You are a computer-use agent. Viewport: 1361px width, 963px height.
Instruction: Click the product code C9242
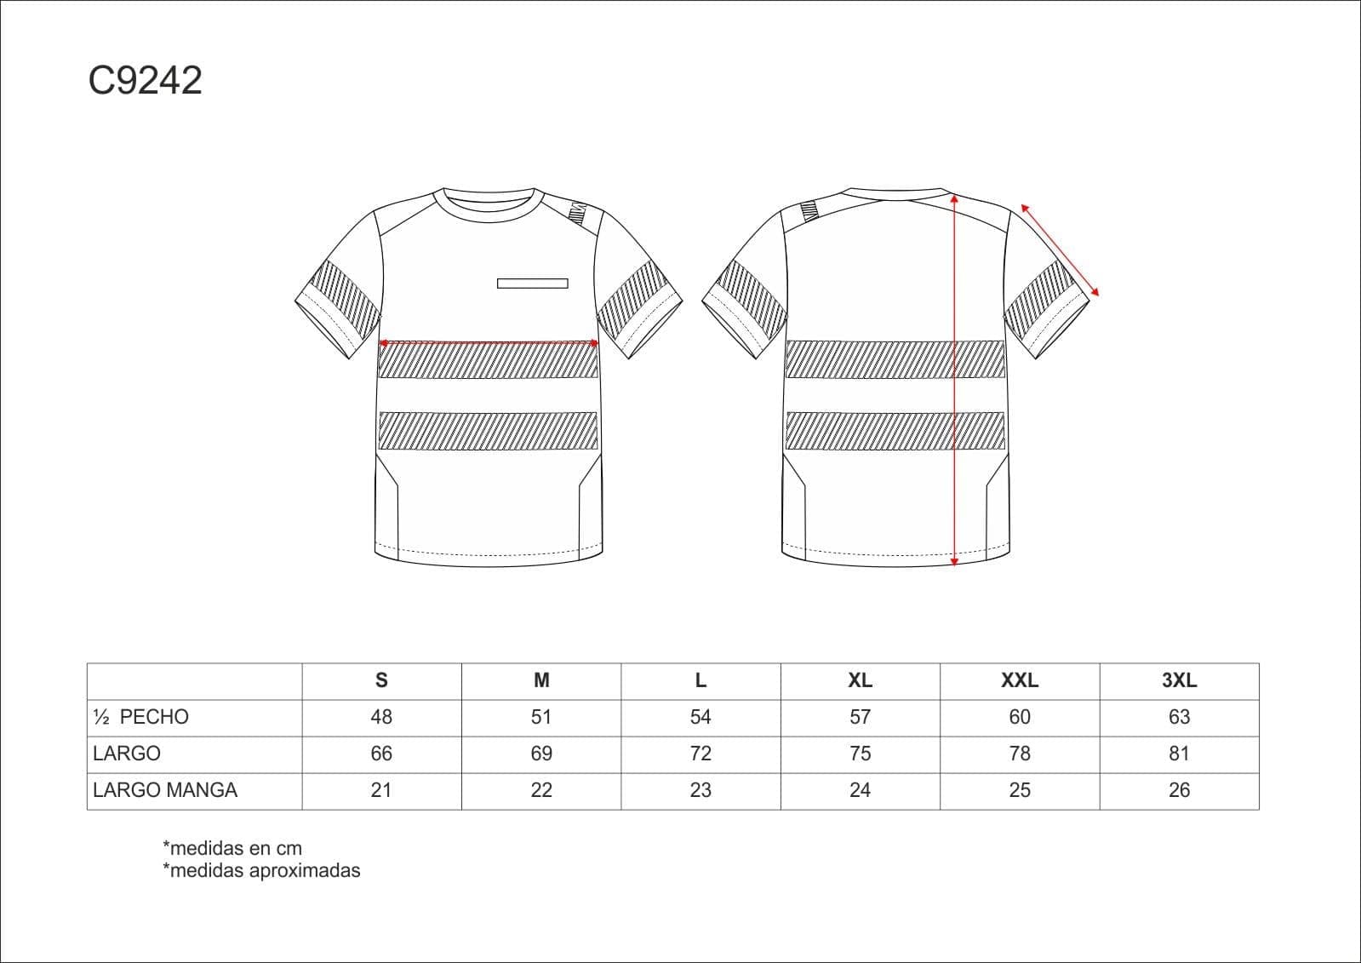(146, 80)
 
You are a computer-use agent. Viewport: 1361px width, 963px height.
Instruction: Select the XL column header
(860, 680)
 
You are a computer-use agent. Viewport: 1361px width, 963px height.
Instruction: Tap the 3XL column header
(1180, 680)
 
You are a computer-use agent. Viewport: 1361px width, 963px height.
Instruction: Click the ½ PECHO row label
(141, 717)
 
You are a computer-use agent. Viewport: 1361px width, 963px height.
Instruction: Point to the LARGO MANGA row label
(164, 790)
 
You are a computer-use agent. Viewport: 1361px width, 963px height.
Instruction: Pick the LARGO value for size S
(381, 754)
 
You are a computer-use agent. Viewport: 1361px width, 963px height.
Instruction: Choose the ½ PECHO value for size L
(700, 717)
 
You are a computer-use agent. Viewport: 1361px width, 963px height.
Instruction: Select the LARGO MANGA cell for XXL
(1020, 790)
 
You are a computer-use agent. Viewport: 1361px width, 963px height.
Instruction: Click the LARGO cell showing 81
(1179, 754)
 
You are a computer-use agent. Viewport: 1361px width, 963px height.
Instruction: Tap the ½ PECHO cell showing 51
(540, 717)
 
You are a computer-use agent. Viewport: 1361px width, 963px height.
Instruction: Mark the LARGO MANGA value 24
(860, 790)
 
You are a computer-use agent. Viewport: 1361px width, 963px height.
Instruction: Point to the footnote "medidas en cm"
(232, 848)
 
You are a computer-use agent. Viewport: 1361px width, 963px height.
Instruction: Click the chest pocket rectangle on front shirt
(532, 284)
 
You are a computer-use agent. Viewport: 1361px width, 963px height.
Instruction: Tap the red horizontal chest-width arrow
(489, 343)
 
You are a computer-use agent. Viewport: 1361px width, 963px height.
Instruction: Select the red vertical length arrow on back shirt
(954, 380)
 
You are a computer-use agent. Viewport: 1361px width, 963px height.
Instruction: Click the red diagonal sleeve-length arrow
(1060, 249)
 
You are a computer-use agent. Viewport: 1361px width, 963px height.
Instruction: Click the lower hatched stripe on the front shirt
(488, 431)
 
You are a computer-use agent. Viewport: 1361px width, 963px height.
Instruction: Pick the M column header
(541, 680)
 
